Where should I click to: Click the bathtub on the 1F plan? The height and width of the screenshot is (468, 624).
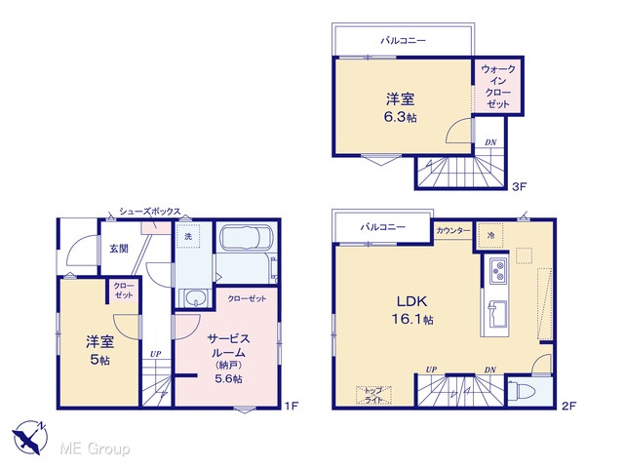[x=247, y=239]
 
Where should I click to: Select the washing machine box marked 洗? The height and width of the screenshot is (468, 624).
[x=188, y=236]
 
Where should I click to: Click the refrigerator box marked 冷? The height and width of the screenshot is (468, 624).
[x=490, y=236]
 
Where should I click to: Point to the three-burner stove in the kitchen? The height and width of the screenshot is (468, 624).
[x=498, y=270]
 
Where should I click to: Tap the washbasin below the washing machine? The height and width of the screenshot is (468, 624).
[x=195, y=297]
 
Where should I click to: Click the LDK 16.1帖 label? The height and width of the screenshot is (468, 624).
[x=412, y=310]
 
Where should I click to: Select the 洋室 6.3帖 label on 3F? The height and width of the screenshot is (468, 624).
[x=401, y=107]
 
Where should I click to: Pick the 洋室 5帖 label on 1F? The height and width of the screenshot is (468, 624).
[x=99, y=350]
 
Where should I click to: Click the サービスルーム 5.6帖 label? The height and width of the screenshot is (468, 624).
[x=228, y=358]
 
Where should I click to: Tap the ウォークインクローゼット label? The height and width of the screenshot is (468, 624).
[x=498, y=87]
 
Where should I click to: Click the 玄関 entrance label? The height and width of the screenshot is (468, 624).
[x=119, y=249]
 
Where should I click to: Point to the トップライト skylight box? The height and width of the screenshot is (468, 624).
[x=373, y=395]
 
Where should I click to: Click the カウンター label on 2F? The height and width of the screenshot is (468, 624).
[x=453, y=230]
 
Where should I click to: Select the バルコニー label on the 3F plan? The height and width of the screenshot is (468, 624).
[x=403, y=40]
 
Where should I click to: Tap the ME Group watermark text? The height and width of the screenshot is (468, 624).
[x=95, y=448]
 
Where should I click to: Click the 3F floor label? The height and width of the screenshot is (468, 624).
[x=519, y=186]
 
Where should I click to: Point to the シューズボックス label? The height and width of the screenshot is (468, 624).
[x=149, y=212]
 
